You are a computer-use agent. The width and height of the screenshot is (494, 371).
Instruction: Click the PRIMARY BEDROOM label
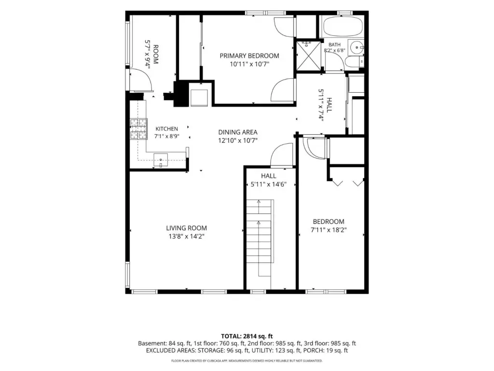[x=249, y=56]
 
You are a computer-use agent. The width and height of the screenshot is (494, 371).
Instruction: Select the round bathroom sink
[x=357, y=48]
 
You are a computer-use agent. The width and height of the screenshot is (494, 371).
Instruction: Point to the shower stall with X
[x=308, y=56]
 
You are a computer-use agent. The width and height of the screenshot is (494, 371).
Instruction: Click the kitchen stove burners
[x=138, y=128]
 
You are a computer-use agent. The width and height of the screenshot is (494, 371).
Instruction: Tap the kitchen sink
[x=161, y=159]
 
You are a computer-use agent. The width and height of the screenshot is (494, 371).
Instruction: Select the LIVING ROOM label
[x=187, y=228]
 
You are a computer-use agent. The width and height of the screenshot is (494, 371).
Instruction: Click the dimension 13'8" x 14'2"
[x=187, y=237]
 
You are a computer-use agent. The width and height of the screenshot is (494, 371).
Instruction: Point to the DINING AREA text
[x=238, y=132]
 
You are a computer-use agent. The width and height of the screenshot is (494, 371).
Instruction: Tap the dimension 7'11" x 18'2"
[x=329, y=230]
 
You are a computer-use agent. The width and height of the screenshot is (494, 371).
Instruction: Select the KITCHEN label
[x=166, y=128]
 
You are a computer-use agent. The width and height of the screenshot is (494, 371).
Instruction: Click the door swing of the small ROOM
[x=141, y=81]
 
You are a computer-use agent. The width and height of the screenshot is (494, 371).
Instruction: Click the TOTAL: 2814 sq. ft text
[x=247, y=336]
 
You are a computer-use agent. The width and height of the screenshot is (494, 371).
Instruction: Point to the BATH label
[x=335, y=45]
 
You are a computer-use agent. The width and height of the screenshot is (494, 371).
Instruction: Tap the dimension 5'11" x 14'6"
[x=268, y=184]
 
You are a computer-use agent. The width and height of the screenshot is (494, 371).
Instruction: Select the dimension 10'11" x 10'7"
[x=249, y=64]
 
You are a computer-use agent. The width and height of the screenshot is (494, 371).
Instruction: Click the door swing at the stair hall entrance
[x=282, y=155]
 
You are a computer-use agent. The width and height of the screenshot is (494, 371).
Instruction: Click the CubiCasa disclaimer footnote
[x=247, y=360]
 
